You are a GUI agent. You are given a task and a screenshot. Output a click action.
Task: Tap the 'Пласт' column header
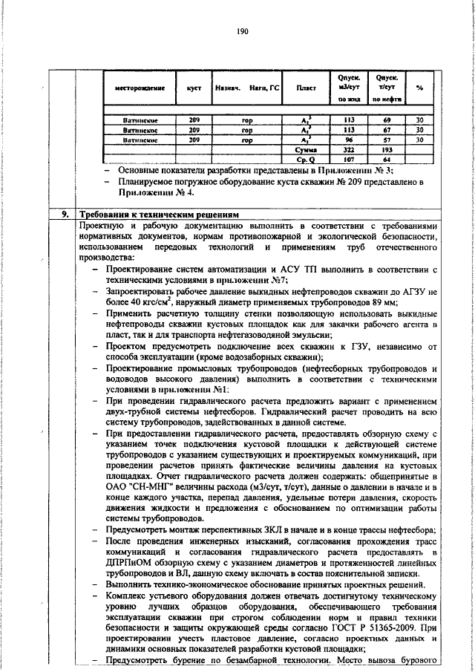(306, 88)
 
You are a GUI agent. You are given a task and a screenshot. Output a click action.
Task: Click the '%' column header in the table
(419, 88)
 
